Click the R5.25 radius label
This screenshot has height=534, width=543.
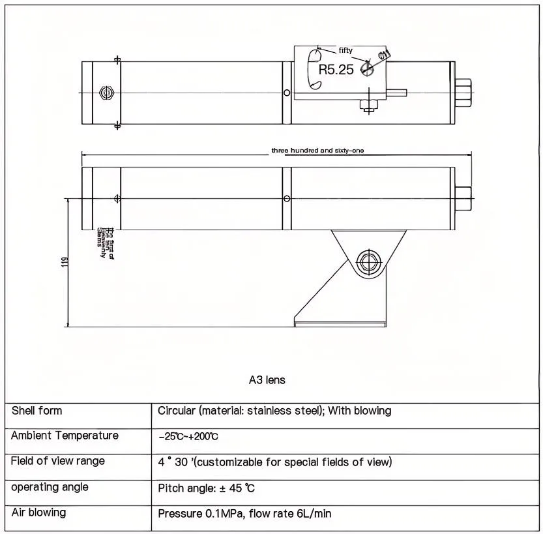336,70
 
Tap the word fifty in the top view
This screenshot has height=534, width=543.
345,50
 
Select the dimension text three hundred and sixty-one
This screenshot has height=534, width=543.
317,151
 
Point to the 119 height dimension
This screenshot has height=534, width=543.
64,262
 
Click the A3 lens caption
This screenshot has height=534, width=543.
267,379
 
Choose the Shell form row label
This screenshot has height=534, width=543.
37,411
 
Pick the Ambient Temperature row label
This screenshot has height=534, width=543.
65,436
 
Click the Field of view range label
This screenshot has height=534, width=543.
58,461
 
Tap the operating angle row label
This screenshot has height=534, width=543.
50,487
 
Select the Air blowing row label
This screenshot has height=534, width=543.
38,512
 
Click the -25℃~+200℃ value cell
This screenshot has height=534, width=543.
188,436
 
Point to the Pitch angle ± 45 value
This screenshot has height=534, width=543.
205,488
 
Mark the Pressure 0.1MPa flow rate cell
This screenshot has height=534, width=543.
244,514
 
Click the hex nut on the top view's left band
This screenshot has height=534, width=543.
106,92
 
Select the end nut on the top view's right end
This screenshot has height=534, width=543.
462,93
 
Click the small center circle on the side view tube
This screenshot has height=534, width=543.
287,198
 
